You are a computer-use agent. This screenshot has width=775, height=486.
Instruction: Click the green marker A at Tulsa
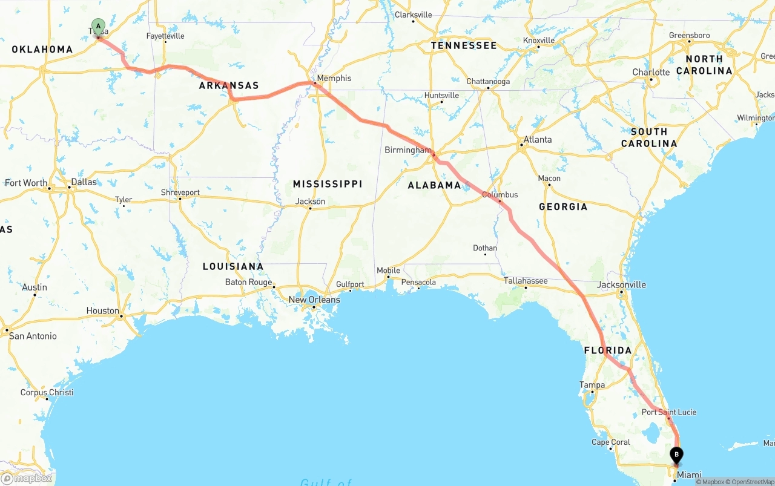(98, 27)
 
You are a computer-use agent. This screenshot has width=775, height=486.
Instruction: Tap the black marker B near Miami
(676, 455)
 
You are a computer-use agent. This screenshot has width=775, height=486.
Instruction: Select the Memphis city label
(334, 78)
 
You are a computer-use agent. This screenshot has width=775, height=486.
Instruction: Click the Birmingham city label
(408, 150)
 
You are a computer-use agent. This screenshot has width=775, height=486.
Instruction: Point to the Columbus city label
(500, 195)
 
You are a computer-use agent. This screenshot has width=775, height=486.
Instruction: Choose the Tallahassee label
(526, 281)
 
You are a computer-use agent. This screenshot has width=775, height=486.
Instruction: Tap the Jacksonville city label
(621, 284)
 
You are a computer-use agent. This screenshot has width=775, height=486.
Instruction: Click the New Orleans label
(314, 300)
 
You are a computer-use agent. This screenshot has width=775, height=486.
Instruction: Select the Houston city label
(103, 310)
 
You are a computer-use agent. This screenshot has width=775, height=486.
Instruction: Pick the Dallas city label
(84, 182)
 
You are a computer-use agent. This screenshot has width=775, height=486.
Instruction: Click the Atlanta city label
(538, 139)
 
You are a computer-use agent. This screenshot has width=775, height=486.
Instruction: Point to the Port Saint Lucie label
(669, 412)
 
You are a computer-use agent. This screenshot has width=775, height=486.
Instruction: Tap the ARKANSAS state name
(229, 85)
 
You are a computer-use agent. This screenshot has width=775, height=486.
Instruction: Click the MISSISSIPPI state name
(328, 183)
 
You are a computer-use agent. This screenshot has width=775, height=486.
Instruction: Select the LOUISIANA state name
(233, 266)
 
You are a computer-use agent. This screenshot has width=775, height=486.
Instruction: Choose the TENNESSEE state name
(464, 45)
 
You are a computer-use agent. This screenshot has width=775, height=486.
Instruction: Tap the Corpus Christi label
(47, 392)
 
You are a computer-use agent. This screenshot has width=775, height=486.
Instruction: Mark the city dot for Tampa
(592, 392)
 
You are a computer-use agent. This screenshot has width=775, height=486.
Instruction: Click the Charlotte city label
(651, 72)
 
